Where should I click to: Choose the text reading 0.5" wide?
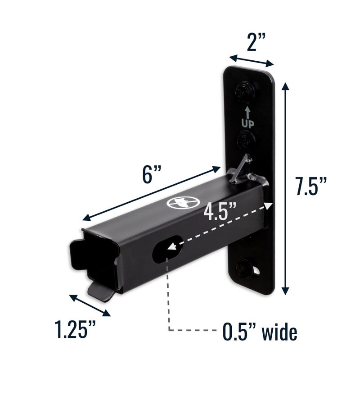click(260, 332)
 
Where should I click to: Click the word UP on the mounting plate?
click(248, 123)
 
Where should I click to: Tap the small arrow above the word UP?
click(248, 112)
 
